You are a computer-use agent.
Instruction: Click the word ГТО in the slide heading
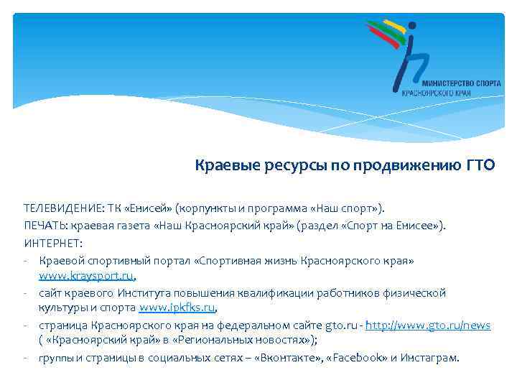tap(479, 166)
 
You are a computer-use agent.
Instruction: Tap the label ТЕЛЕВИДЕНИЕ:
tap(63, 209)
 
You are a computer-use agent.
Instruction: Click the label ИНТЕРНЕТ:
tap(53, 242)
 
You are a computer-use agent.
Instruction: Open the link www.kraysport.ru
tap(87, 275)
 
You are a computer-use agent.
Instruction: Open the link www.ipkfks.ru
tap(177, 308)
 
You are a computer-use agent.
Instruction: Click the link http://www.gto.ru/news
tap(428, 325)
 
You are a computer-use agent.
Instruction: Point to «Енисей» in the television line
tap(147, 209)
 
